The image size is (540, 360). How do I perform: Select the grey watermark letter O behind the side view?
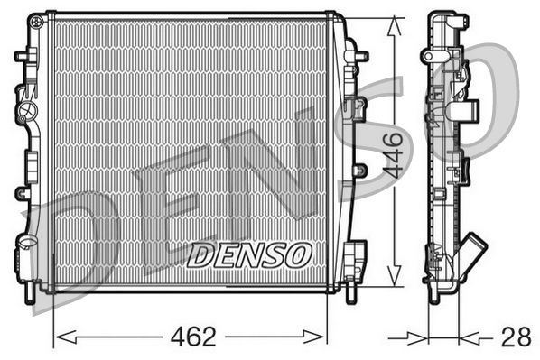tap(488, 99)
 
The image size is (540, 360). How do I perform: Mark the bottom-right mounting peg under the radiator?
tap(351, 291)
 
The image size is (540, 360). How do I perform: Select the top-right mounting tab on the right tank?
tap(360, 56)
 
